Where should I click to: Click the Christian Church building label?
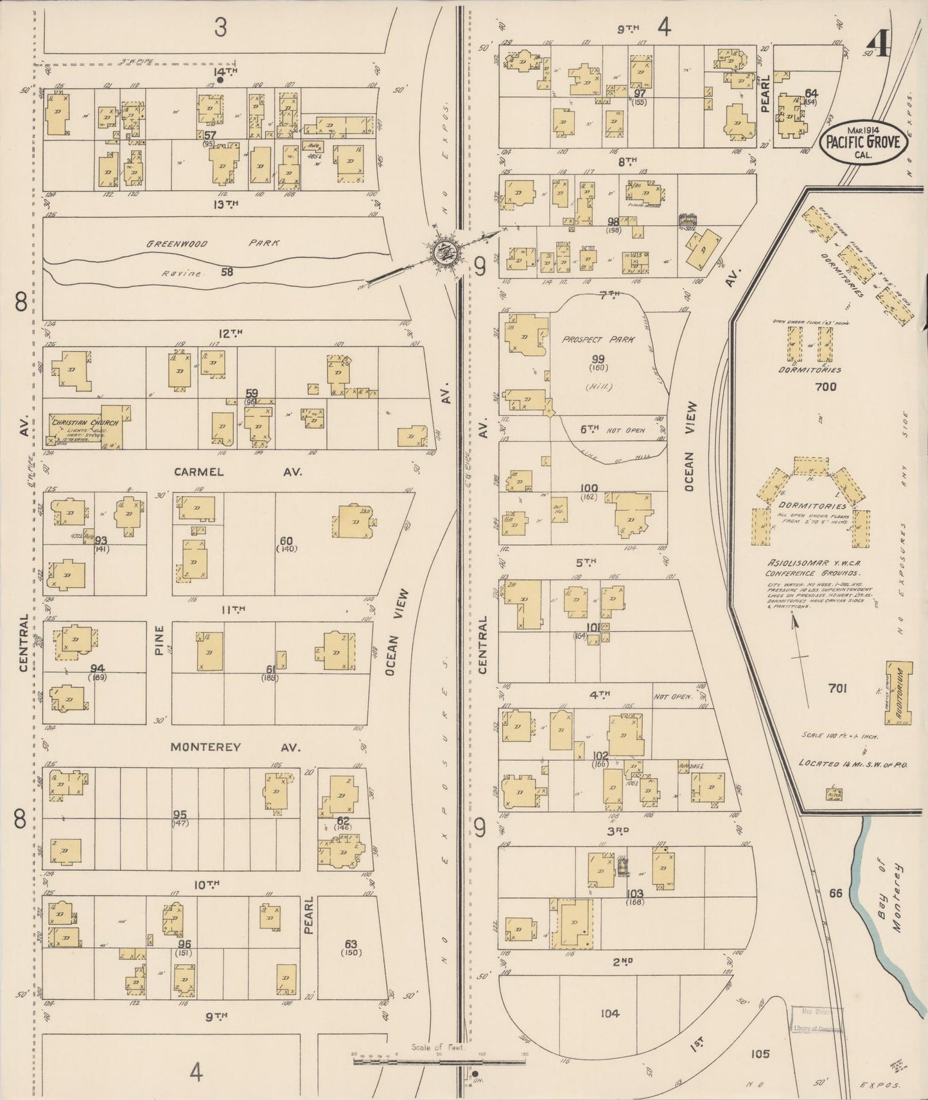pos(78,421)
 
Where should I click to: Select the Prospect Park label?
pos(597,339)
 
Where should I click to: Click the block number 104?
pos(609,1013)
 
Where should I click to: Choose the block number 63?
pos(350,943)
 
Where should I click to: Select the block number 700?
pos(825,386)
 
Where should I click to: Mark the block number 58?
pos(227,271)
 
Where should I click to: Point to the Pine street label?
pos(159,640)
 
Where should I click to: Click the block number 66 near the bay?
pos(835,893)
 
